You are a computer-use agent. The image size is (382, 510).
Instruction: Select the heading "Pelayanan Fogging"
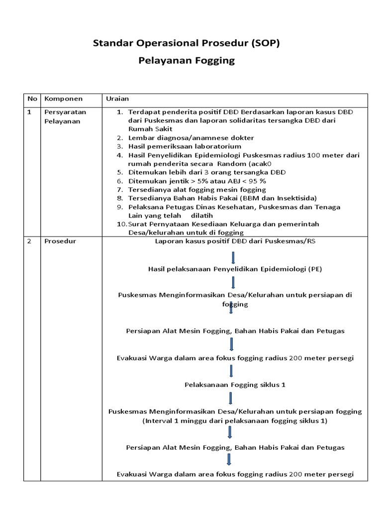[186, 61]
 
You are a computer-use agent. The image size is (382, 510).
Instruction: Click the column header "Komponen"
[64, 99]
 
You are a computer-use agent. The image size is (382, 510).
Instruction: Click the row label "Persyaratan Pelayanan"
[65, 117]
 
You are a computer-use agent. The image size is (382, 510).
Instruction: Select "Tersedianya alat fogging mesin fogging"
[197, 190]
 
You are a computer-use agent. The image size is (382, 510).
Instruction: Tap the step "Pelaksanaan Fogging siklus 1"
[235, 385]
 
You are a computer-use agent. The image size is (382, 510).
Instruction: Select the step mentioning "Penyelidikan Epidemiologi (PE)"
[235, 269]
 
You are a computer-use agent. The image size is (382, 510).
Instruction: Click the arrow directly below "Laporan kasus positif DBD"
[233, 257]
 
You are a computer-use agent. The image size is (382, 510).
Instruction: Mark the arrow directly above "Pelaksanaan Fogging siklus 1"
[232, 371]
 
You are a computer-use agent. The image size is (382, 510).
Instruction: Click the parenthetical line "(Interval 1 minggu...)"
[235, 420]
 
